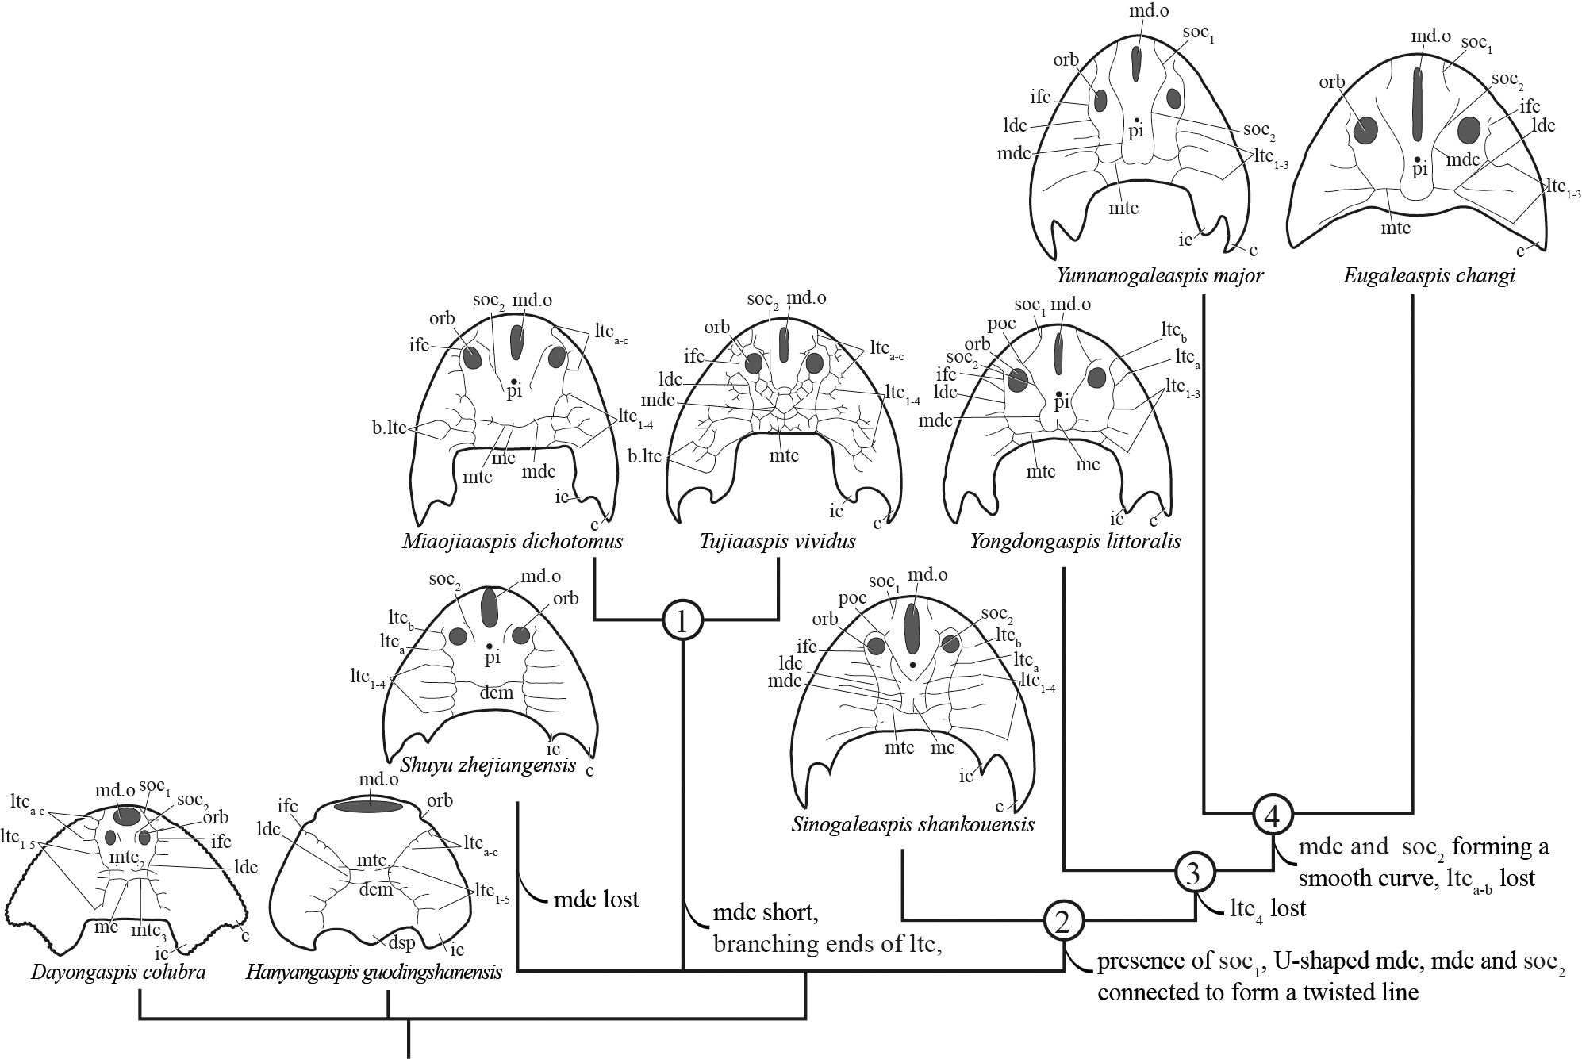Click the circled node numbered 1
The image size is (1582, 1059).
pos(683,621)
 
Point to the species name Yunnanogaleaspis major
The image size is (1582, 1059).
pos(1161,276)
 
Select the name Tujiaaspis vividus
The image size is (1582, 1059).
pos(778,542)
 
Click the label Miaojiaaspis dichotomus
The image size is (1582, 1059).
pos(513,542)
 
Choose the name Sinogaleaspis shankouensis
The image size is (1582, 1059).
pos(913,824)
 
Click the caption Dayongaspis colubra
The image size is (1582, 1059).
pos(119,972)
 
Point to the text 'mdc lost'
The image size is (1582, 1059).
pos(597,900)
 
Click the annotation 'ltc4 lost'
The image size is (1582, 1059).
pos(1268,908)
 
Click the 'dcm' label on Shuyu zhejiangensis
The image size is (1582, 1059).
pos(497,693)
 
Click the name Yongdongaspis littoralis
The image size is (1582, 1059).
pos(1075,542)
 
